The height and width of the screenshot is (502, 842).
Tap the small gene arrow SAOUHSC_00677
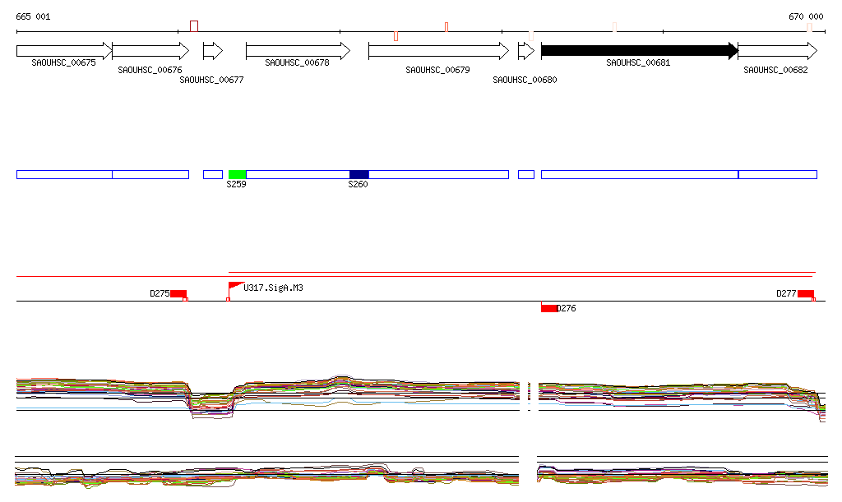[x=213, y=51]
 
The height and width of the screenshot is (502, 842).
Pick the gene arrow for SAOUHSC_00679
[x=438, y=51]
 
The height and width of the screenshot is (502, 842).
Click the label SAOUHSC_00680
[x=525, y=80]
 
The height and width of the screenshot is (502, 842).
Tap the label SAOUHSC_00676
[x=150, y=71]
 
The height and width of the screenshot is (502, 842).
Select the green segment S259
[x=237, y=174]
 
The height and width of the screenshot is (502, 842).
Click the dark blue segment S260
[x=359, y=174]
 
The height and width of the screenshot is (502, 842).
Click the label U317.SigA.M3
[x=274, y=288]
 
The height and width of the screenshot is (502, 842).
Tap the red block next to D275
[x=178, y=294]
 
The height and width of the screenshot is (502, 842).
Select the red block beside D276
[x=548, y=308]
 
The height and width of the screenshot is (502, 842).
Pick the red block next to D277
[x=805, y=294]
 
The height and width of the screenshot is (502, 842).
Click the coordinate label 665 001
[x=33, y=16]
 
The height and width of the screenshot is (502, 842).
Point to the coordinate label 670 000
[x=806, y=16]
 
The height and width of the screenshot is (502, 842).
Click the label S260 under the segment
[x=358, y=185]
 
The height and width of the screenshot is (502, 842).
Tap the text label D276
[x=567, y=309]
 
